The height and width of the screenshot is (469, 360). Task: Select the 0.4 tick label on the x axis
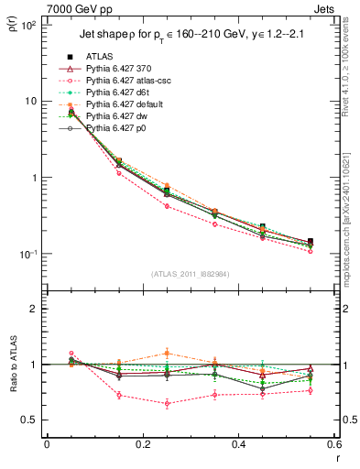pos(238,445)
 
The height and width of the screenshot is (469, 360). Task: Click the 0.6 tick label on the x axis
pos(333,445)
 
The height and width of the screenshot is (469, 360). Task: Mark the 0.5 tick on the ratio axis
pos(32,420)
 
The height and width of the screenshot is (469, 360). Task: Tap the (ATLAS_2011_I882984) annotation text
pos(191,274)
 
